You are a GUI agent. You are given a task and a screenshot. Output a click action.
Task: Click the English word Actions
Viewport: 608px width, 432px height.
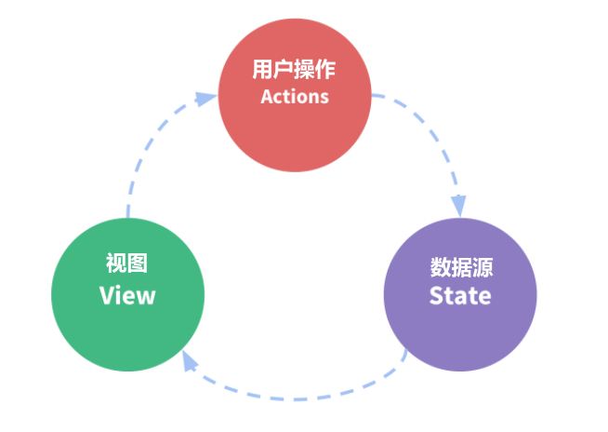295,96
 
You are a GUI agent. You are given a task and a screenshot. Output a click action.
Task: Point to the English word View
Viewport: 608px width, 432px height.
127,296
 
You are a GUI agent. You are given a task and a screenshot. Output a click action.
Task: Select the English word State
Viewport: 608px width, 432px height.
460,296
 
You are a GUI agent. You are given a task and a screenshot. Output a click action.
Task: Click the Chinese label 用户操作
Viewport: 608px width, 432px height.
294,70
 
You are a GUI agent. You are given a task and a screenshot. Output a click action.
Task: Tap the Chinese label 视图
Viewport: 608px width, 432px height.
126,264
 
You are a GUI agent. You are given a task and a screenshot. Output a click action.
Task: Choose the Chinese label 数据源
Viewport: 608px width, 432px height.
461,267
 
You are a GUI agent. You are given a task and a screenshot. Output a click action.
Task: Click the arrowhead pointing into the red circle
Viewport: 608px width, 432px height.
206,96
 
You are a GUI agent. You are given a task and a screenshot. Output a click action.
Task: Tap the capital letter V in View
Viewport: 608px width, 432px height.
107,296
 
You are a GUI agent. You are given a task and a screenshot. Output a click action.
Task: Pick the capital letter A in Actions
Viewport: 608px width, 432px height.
267,96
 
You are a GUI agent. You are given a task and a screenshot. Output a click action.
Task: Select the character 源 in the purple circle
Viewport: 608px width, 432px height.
482,267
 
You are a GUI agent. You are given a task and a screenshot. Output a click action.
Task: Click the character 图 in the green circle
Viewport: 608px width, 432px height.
138,264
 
